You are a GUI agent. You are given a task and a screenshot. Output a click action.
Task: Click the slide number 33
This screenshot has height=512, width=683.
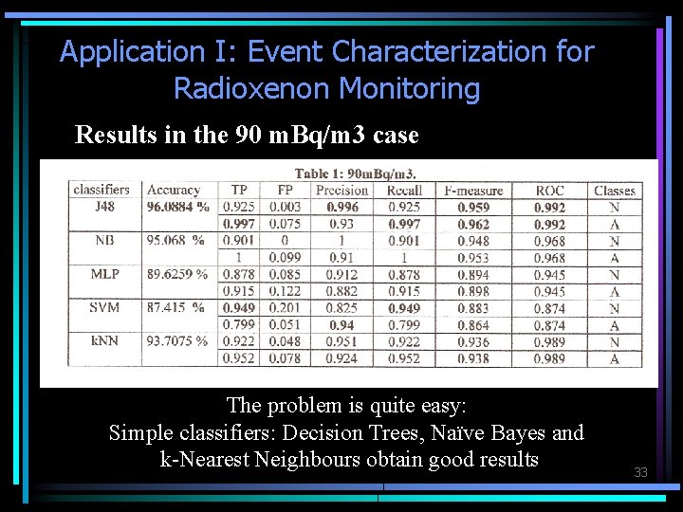click(640, 472)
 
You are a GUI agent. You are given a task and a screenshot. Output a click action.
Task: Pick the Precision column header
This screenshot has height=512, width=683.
click(341, 191)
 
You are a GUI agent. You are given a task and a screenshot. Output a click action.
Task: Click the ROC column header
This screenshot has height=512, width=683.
click(549, 191)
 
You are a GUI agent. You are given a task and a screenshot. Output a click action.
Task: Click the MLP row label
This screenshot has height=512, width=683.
click(104, 274)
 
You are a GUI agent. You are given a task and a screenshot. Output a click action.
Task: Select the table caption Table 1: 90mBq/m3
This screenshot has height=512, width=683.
click(355, 173)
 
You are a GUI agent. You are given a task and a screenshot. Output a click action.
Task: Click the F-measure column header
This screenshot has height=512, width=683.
click(473, 191)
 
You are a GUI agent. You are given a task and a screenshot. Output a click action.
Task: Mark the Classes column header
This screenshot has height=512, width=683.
click(615, 191)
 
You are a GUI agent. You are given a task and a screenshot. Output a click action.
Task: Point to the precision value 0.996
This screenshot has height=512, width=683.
click(341, 207)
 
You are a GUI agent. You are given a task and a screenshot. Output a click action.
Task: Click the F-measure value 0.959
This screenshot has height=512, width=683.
click(473, 207)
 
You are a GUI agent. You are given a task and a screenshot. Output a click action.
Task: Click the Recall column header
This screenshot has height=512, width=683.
click(405, 191)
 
